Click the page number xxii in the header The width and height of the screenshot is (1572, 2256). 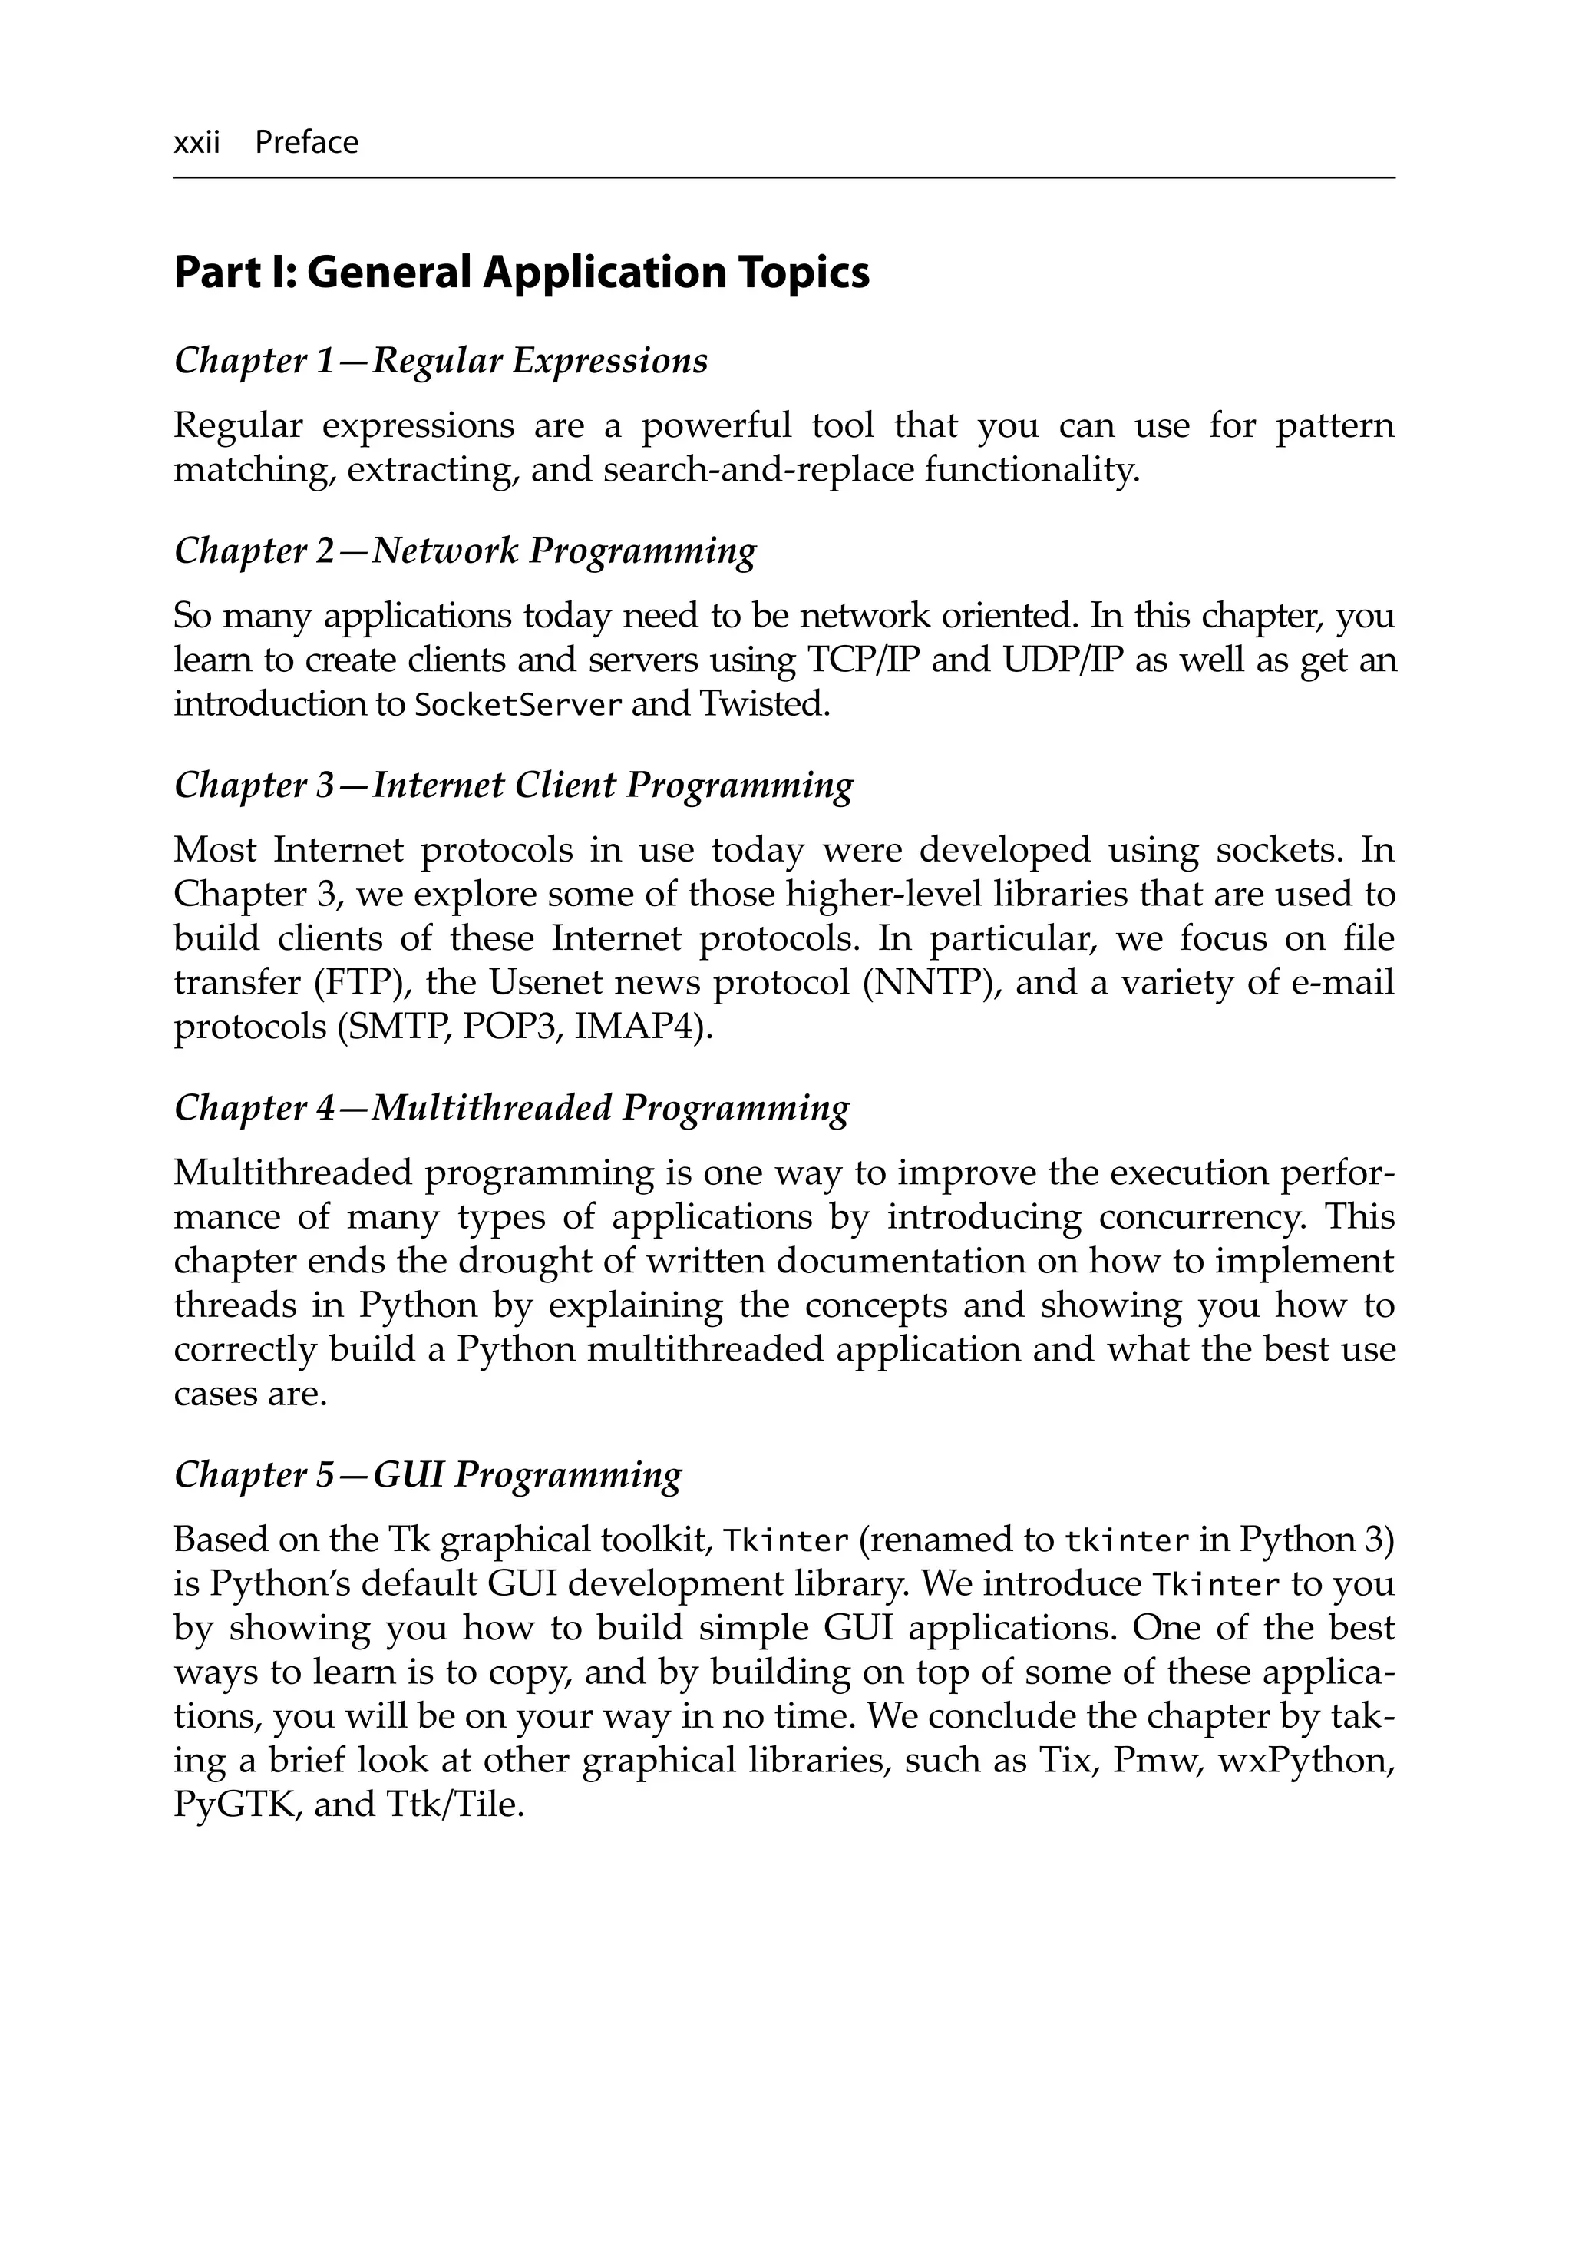(196, 144)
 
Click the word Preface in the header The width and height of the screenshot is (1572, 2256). (306, 144)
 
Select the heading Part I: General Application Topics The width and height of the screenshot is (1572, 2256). (520, 272)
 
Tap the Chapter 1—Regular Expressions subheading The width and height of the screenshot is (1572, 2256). (440, 362)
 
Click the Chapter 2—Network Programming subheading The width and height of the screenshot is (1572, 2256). (464, 551)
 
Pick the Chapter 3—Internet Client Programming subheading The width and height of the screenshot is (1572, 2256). (513, 785)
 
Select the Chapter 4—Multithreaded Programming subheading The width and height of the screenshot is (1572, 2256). (511, 1108)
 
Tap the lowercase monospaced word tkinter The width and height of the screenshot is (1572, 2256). (1127, 1540)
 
